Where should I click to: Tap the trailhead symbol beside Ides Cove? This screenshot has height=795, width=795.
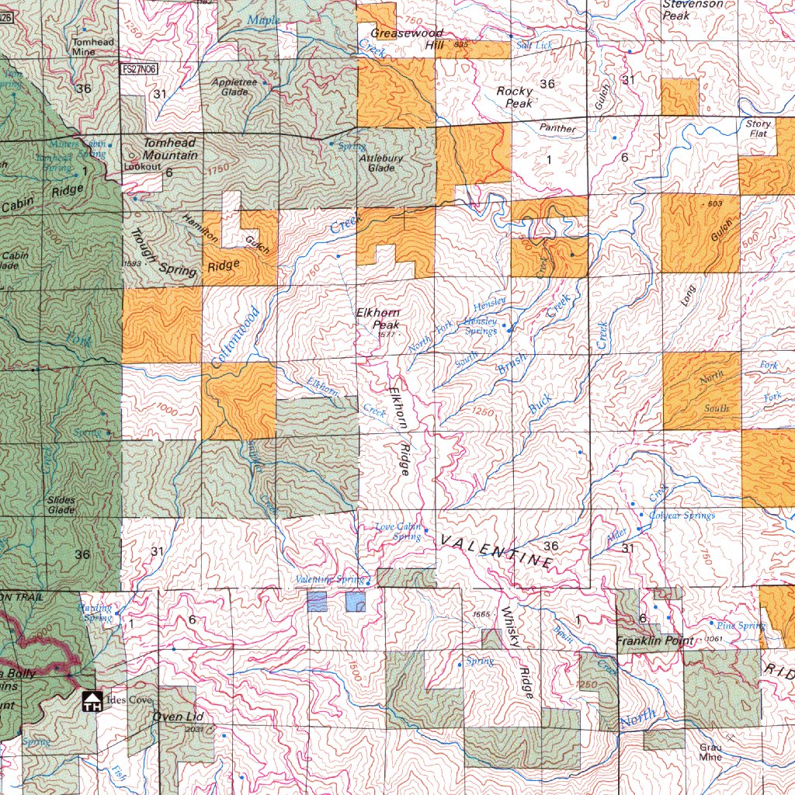(92, 702)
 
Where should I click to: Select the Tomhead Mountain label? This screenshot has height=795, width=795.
(169, 149)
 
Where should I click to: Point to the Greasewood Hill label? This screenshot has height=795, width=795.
(407, 39)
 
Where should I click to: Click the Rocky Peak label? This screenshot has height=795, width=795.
(515, 97)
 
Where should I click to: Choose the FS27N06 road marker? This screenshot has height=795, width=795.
(140, 69)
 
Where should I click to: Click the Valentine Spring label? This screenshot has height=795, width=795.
(329, 579)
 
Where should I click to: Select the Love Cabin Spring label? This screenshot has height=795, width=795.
(398, 532)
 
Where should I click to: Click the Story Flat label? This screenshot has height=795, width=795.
(758, 128)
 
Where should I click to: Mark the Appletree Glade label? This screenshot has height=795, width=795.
(235, 86)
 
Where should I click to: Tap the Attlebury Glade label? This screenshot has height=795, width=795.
(381, 162)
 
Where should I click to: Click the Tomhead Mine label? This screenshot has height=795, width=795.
(93, 47)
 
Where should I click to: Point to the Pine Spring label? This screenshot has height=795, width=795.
(741, 625)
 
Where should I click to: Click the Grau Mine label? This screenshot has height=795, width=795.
(710, 752)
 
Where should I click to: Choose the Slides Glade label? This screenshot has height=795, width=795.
(61, 505)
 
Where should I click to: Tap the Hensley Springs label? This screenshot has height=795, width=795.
(481, 326)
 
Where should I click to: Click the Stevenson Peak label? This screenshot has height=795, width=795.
(693, 9)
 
